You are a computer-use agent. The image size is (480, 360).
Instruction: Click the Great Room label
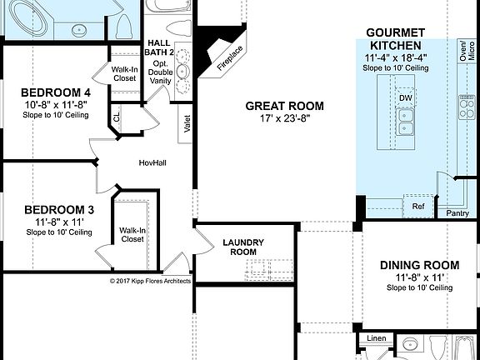pyautogui.click(x=284, y=106)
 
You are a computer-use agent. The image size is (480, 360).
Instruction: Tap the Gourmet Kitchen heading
pyautogui.click(x=395, y=38)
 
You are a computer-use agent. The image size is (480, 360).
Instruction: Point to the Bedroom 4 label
pyautogui.click(x=55, y=92)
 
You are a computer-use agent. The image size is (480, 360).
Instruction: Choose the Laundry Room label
pyautogui.click(x=243, y=247)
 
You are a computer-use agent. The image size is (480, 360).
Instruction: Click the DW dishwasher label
pyautogui.click(x=406, y=98)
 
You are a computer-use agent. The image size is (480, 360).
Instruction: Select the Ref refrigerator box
pyautogui.click(x=418, y=205)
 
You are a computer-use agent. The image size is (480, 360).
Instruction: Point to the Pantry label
pyautogui.click(x=457, y=213)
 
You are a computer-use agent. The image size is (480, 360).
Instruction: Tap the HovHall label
pyautogui.click(x=152, y=162)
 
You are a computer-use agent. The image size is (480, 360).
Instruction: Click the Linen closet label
pyautogui.click(x=377, y=339)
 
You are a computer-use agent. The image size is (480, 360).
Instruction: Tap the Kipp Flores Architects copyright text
pyautogui.click(x=150, y=281)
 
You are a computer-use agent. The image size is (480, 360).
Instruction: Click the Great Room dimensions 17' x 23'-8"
pyautogui.click(x=284, y=118)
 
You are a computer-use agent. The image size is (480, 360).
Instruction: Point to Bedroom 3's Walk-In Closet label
pyautogui.click(x=132, y=234)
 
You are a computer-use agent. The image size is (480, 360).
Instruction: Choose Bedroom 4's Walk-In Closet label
pyautogui.click(x=125, y=73)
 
